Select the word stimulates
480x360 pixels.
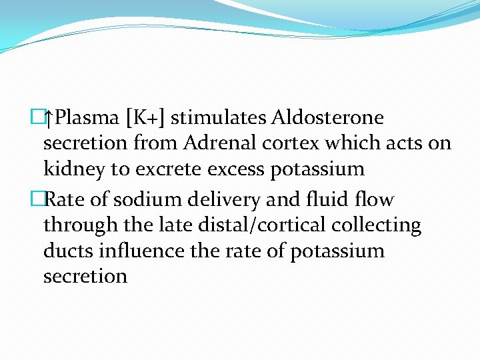(x=219, y=118)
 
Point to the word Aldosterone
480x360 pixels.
(x=328, y=118)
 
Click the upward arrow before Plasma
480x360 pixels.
(x=48, y=119)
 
